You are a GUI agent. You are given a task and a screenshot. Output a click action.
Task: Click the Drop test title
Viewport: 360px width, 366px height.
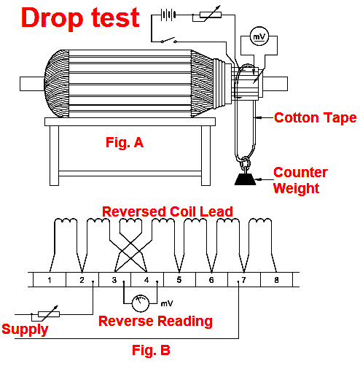tap(79, 17)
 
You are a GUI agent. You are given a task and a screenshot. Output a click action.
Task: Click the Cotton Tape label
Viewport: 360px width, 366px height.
tap(315, 117)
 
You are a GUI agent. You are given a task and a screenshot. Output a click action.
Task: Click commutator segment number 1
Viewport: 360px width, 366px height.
tap(49, 280)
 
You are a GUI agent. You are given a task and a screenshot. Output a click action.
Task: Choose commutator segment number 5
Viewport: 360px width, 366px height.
tap(179, 280)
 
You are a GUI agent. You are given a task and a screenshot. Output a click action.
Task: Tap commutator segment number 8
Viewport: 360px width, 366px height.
tap(275, 280)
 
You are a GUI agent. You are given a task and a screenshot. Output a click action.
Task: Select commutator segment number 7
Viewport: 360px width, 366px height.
tap(243, 280)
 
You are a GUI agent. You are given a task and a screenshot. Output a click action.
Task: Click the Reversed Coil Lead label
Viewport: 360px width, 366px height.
tap(167, 211)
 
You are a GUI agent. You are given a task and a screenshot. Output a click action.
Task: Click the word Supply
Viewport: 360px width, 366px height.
tap(25, 329)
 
